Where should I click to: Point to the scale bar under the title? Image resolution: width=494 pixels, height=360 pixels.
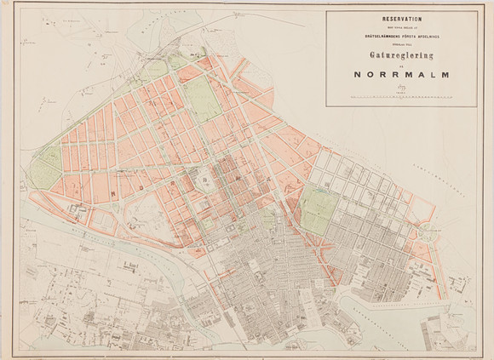[399, 100]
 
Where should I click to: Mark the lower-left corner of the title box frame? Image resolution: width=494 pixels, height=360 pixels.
[326, 107]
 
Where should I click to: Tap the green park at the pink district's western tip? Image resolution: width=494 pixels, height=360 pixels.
[49, 166]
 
